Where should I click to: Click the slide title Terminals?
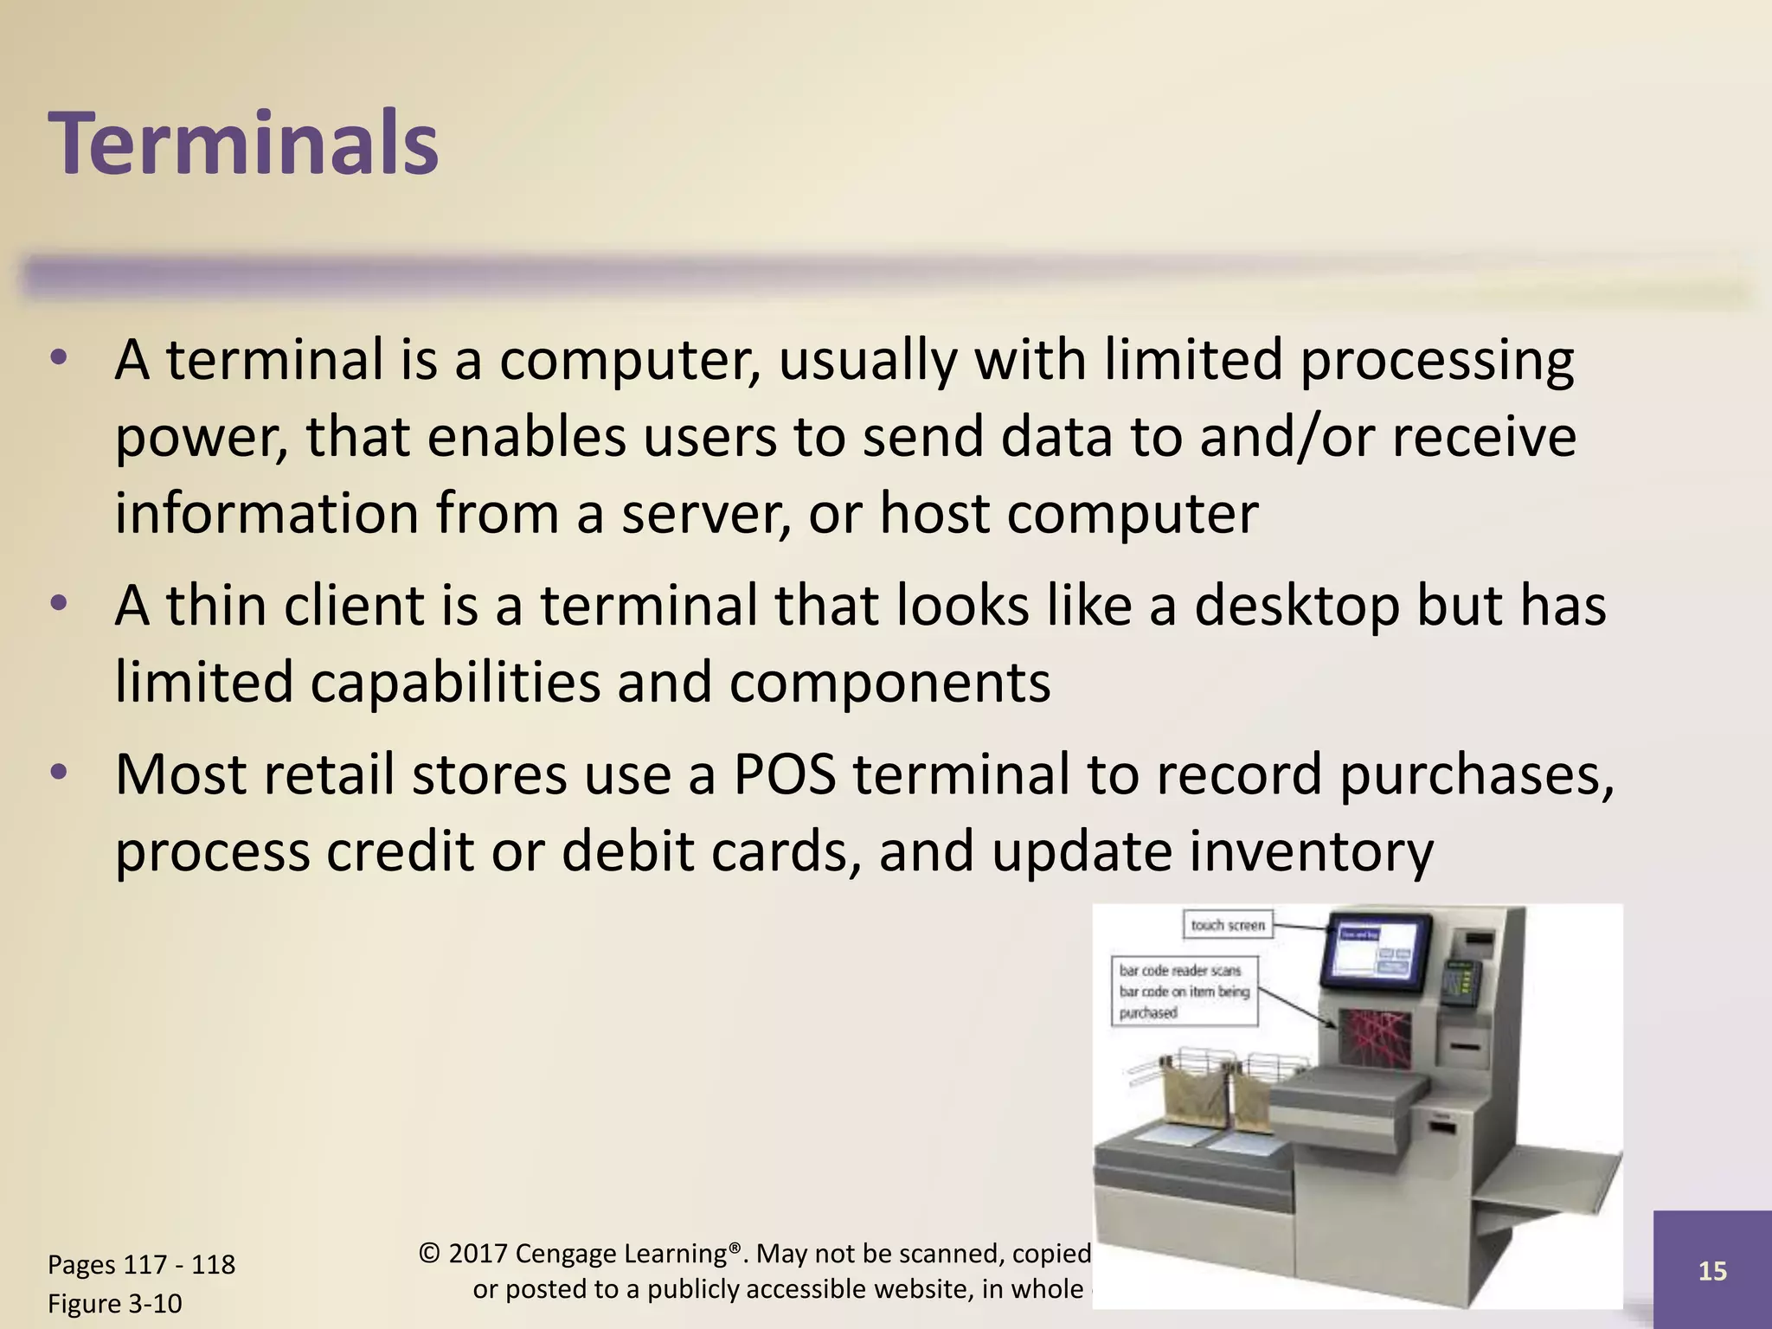point(244,144)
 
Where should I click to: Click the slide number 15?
point(1711,1271)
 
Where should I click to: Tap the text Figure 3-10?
point(115,1303)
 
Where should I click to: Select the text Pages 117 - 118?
point(141,1264)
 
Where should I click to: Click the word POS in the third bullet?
point(784,774)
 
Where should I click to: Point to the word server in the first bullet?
point(704,514)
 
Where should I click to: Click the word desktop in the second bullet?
point(1296,605)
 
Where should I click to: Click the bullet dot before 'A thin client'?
point(58,603)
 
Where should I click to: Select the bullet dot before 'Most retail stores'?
point(58,772)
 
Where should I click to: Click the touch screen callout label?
point(1227,925)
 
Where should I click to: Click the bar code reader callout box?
point(1184,992)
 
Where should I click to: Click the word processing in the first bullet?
point(1436,360)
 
